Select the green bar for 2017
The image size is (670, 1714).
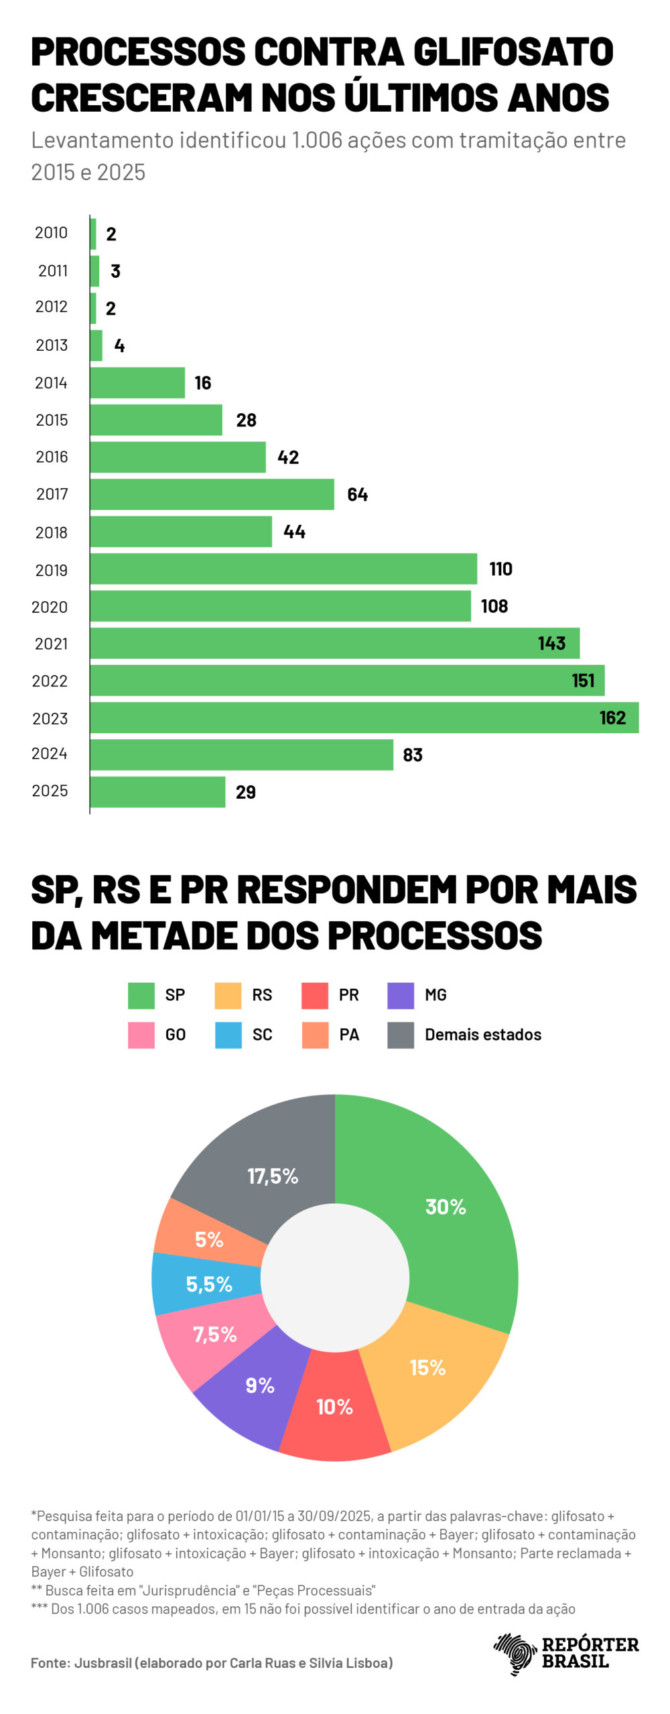click(212, 494)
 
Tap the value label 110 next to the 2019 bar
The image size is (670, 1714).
click(500, 568)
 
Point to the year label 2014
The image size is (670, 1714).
click(51, 383)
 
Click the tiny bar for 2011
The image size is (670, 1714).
click(94, 271)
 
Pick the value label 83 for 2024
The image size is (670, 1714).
click(413, 755)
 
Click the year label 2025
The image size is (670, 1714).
click(50, 791)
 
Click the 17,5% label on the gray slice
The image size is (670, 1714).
click(272, 1176)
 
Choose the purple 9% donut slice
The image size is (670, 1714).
click(255, 1386)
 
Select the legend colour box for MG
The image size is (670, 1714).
click(400, 995)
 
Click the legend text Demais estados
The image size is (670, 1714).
click(482, 1034)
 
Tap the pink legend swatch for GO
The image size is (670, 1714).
click(141, 1034)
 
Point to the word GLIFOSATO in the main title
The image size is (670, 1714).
click(513, 52)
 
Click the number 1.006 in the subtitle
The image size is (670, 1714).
click(317, 140)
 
